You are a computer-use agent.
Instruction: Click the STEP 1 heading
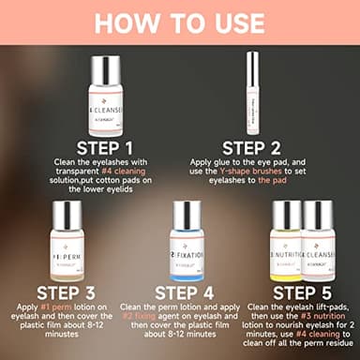point(111,147)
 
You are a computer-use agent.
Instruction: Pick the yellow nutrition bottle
point(287,246)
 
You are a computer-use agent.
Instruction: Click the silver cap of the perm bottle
point(55,212)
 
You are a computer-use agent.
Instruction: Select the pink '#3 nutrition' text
point(318,319)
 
